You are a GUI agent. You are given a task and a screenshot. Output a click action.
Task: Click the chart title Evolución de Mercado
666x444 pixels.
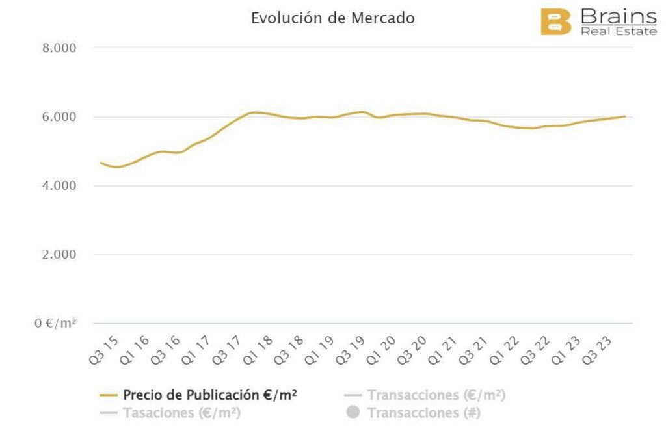[x=332, y=18]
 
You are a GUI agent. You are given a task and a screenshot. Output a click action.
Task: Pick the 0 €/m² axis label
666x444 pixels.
[x=56, y=323]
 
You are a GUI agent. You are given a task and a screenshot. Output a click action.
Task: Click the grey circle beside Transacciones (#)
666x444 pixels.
[x=353, y=413]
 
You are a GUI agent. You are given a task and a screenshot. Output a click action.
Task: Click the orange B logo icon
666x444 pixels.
[x=555, y=21]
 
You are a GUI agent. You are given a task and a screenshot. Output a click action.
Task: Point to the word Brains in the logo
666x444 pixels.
[x=619, y=16]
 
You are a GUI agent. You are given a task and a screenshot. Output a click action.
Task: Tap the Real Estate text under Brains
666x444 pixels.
[x=619, y=31]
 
